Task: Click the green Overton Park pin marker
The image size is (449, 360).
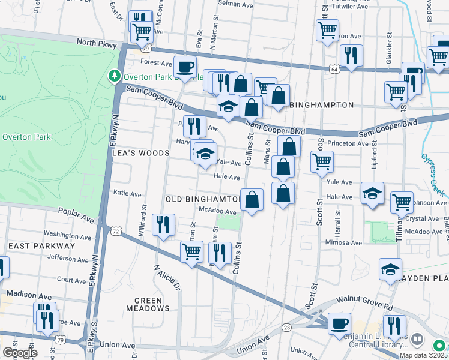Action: coord(114,76)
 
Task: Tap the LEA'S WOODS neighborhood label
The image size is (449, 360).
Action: coord(141,154)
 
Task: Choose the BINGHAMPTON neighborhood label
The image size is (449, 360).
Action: coord(315,104)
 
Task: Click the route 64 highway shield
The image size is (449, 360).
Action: coord(332,70)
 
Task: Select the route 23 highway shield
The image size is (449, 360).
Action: coord(286,327)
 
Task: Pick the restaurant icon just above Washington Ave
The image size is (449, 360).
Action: coord(163,225)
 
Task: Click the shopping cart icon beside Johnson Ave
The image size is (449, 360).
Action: coord(402,203)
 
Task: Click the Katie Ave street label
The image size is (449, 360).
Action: coord(127,194)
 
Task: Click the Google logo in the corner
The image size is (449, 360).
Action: coord(20,352)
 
